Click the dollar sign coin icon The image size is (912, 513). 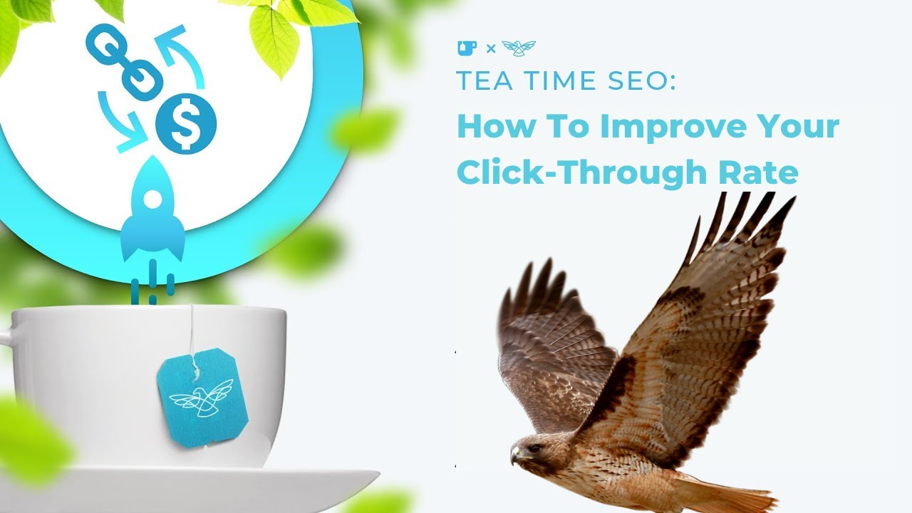pyautogui.click(x=186, y=125)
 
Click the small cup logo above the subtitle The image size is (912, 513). pyautogui.click(x=467, y=48)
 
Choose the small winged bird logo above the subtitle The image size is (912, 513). pyautogui.click(x=518, y=48)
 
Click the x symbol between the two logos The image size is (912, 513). pyautogui.click(x=490, y=49)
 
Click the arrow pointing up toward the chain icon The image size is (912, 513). pyautogui.click(x=179, y=53)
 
